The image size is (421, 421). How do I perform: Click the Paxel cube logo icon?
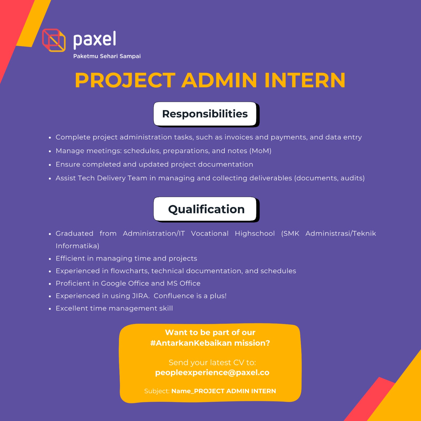point(54,40)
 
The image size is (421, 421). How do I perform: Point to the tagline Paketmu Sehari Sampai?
point(107,56)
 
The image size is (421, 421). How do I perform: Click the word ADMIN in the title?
point(219,80)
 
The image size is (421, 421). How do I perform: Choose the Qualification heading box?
point(206,209)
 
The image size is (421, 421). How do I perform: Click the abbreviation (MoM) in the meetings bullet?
point(260,151)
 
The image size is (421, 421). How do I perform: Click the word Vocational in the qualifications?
point(210,233)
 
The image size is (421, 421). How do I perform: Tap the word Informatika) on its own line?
point(77,246)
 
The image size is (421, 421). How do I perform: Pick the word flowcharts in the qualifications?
point(129,271)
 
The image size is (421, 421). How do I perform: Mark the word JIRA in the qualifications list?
point(141,296)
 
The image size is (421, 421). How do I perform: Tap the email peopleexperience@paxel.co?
point(212,373)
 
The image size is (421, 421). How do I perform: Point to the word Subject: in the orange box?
point(157,391)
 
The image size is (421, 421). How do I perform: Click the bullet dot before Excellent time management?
point(50,309)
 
